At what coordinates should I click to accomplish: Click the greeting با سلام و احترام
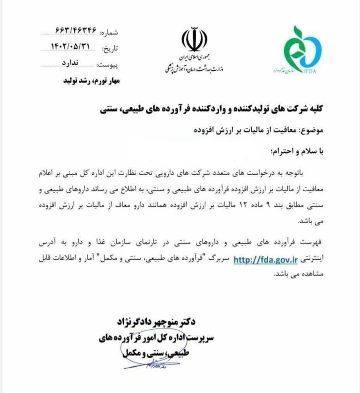pyautogui.click(x=296, y=152)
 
